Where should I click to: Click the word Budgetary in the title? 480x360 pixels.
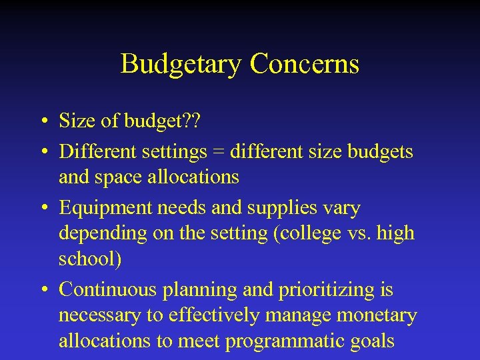click(x=181, y=65)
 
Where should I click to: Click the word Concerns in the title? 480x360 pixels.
click(x=305, y=64)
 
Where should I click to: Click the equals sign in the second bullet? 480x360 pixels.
click(x=219, y=152)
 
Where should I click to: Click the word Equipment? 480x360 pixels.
click(x=106, y=208)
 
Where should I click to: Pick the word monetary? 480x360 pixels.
click(x=377, y=315)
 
